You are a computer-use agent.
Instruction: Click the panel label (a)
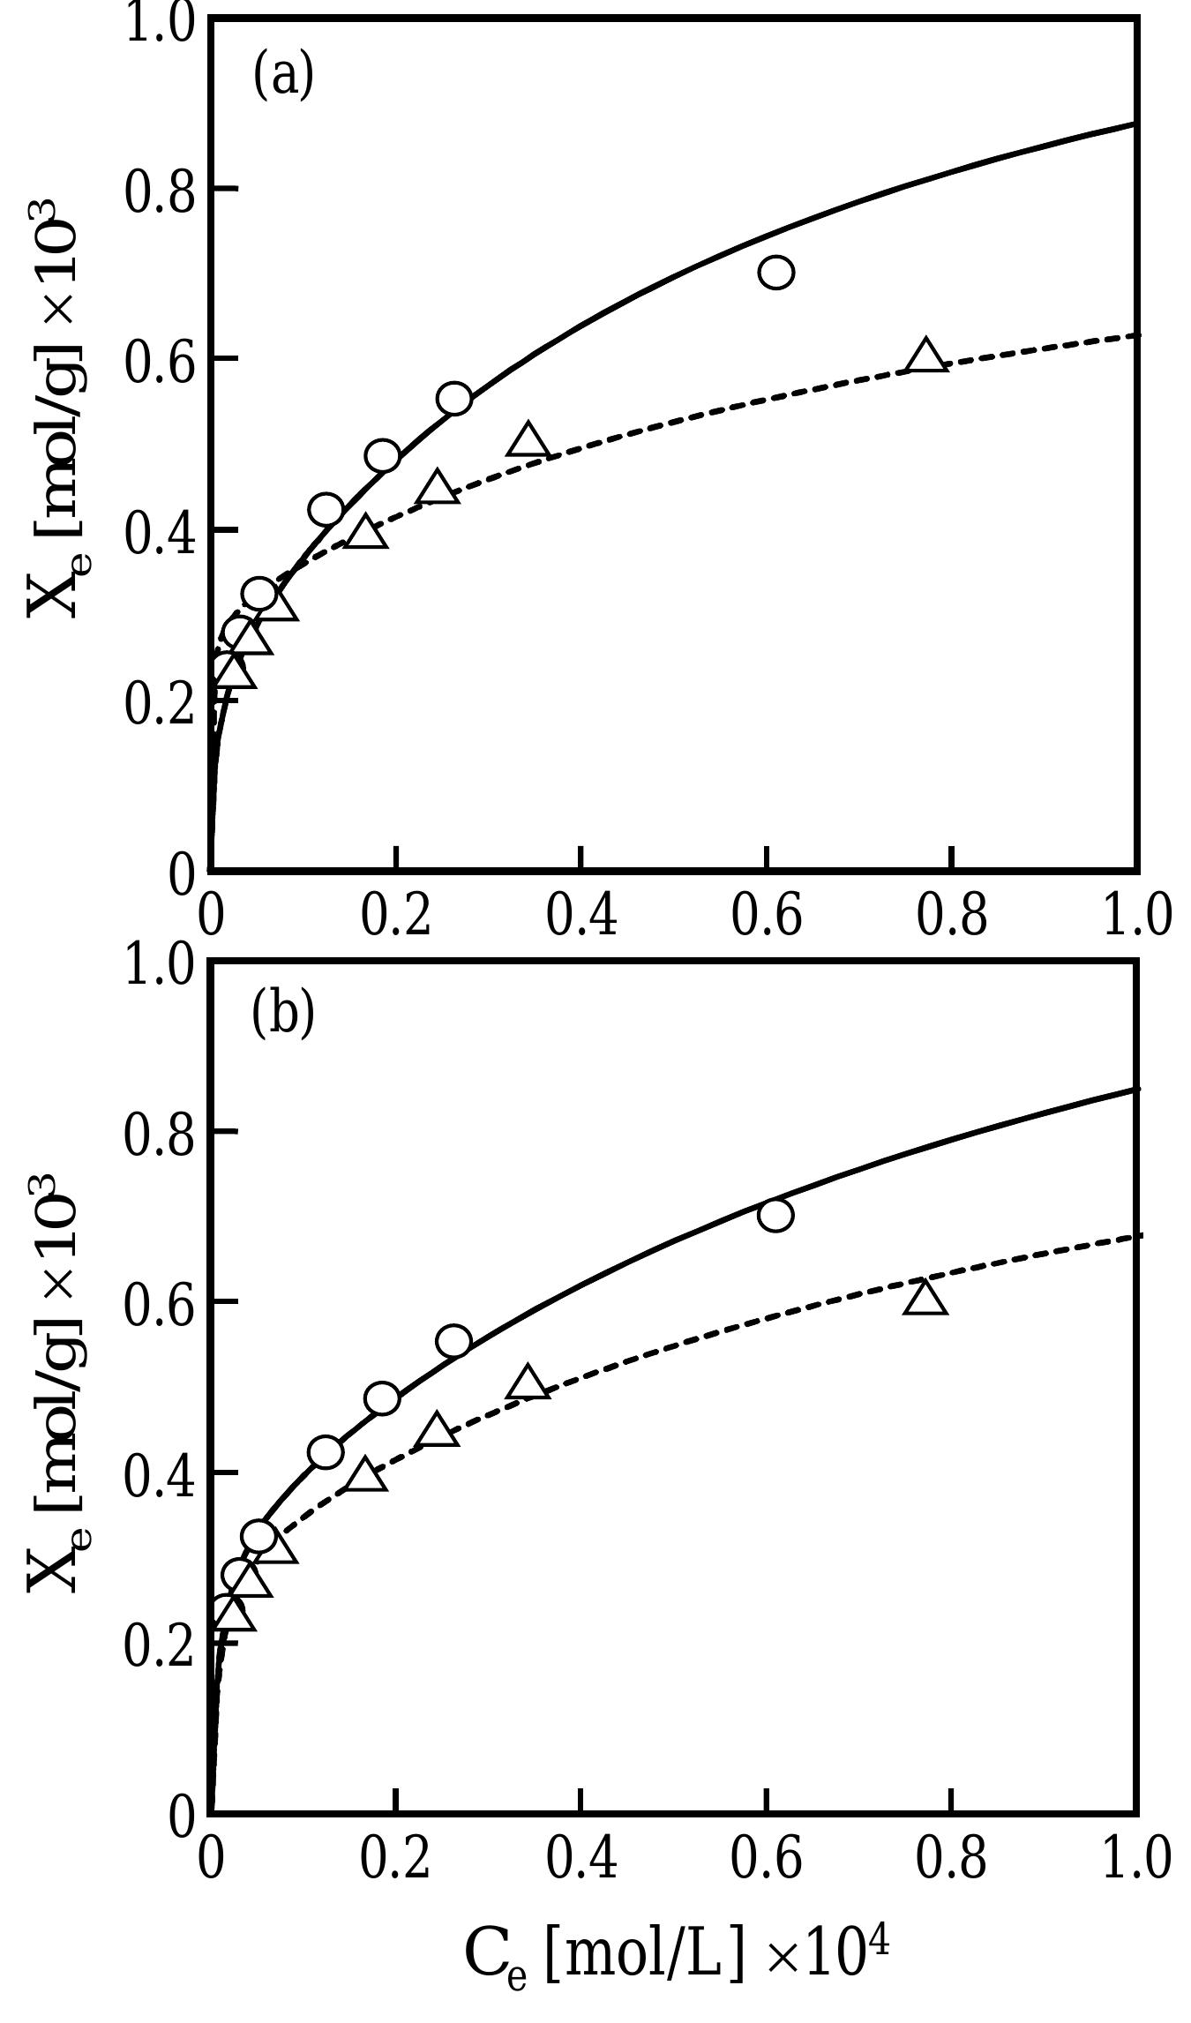(x=283, y=76)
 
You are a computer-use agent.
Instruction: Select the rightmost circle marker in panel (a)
(x=775, y=273)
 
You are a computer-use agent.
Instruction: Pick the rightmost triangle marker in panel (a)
(x=925, y=355)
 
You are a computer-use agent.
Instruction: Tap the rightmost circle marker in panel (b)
(x=775, y=1215)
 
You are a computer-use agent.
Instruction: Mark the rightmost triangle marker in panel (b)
(x=925, y=1297)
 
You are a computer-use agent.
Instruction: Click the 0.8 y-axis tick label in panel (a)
(x=159, y=191)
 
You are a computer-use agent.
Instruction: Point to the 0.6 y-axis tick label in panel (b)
(x=159, y=1304)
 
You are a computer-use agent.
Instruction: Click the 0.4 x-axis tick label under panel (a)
(x=581, y=914)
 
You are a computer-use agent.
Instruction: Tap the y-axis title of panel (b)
(x=57, y=1383)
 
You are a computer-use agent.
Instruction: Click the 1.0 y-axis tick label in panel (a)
(x=159, y=23)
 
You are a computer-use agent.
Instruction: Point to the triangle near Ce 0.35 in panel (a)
(x=528, y=439)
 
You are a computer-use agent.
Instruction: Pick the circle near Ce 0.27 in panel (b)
(x=453, y=1342)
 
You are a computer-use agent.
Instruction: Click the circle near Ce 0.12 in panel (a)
(x=326, y=510)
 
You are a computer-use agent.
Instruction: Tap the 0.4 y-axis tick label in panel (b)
(x=159, y=1475)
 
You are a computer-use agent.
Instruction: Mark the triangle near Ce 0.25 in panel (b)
(x=438, y=1429)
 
